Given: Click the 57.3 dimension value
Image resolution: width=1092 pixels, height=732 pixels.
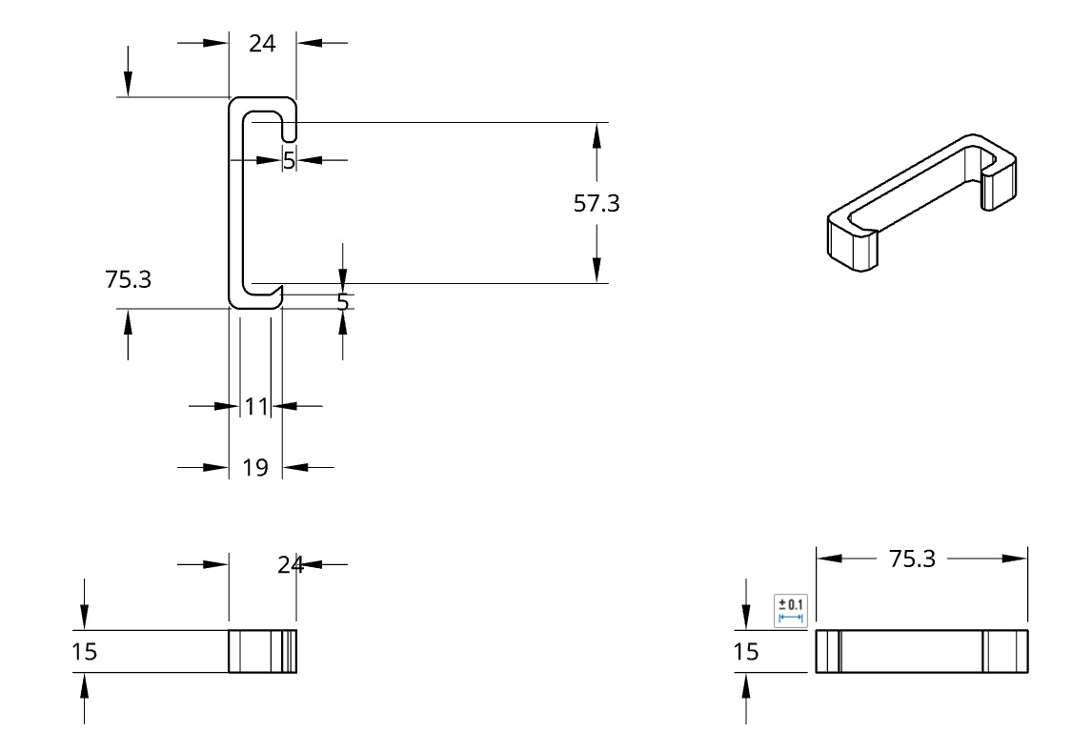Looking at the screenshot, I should [x=597, y=203].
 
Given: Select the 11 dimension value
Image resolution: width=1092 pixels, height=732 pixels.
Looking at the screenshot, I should [x=255, y=407].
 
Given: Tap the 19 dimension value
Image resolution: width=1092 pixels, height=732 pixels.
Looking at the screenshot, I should [x=255, y=468].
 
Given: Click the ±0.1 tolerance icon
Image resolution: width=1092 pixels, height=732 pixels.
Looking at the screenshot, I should [x=791, y=610].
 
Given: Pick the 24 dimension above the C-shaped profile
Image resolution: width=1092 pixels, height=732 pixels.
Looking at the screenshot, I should [x=262, y=43].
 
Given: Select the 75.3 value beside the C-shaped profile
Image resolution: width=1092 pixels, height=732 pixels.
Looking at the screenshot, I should [x=128, y=279].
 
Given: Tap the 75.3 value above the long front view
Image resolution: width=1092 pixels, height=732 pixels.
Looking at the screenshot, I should [x=912, y=559].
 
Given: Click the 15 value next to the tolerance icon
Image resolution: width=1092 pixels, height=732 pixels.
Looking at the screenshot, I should [x=747, y=652].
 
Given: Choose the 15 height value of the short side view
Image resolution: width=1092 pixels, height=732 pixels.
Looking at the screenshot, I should [x=85, y=652].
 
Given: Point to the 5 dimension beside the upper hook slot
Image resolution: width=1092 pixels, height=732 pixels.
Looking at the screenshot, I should [x=289, y=160].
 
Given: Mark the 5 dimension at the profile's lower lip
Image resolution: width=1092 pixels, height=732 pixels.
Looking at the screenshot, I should [x=343, y=302].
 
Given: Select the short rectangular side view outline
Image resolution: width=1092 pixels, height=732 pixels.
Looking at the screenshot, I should [x=262, y=651].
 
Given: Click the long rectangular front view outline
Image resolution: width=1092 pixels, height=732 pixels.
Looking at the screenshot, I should [x=921, y=651].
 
